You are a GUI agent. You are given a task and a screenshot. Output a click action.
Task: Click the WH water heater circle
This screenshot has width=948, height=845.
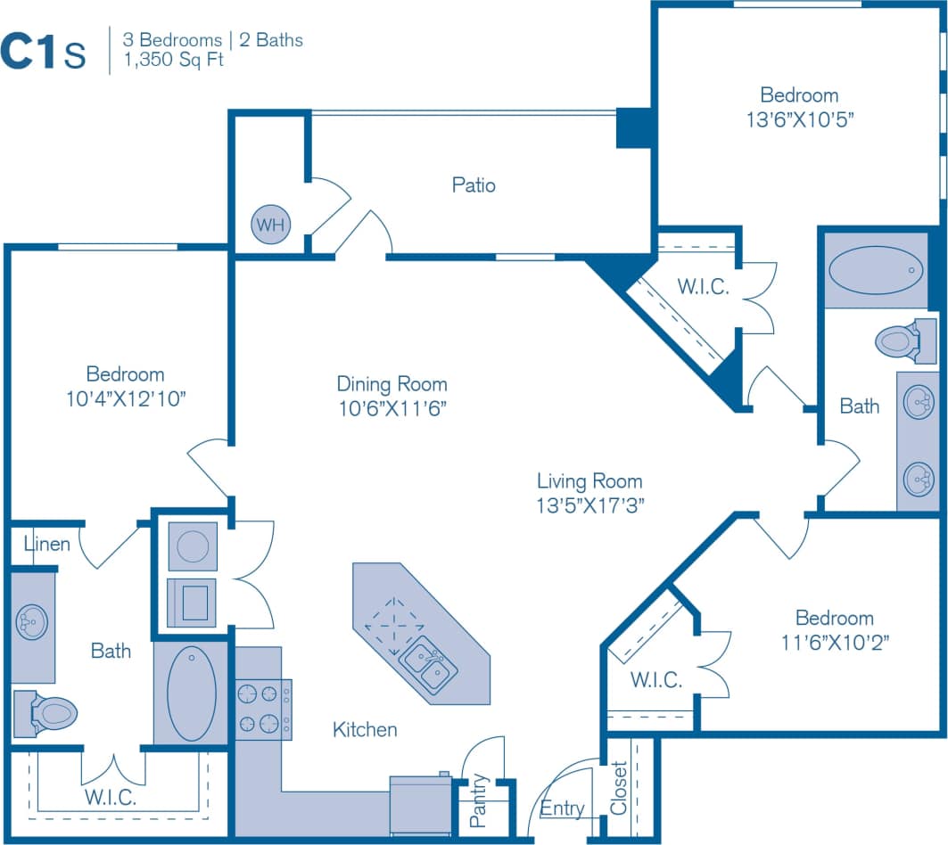pos(270,225)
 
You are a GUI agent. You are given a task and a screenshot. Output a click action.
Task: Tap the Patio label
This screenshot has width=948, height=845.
pos(474,185)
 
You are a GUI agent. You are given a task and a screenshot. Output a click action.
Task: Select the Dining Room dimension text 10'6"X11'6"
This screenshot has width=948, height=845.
pos(392,408)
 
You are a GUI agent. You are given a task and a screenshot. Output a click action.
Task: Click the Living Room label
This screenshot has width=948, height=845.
pos(589,481)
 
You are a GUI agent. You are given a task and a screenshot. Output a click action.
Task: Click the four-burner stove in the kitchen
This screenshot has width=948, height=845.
pos(261,710)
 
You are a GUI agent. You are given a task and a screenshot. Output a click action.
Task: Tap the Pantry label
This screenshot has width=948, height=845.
pos(480,800)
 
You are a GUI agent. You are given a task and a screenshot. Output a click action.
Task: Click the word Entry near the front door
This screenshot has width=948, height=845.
pos(562,808)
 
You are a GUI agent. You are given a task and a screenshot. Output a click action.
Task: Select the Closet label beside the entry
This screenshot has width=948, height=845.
pos(620,788)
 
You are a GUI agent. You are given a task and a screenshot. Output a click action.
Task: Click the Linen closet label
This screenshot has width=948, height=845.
pos(46,543)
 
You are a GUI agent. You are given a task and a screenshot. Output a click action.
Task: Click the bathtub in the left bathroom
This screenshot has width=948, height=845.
pos(191,693)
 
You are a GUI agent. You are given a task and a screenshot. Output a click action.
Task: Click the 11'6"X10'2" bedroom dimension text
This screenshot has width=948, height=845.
pos(834,641)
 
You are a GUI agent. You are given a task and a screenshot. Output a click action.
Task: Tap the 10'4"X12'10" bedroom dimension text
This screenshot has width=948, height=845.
pos(125,398)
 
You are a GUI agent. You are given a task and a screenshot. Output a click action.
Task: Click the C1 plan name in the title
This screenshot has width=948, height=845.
pos(30,52)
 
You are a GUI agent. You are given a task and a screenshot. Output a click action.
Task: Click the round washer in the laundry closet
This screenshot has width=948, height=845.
pos(193,546)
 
